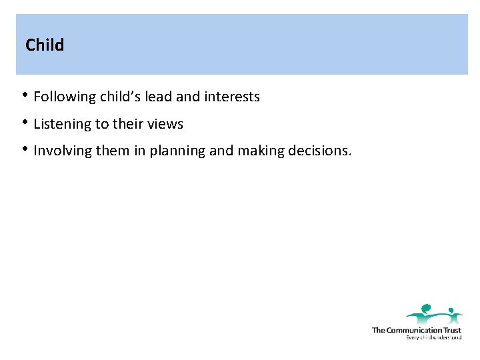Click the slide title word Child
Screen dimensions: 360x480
45,45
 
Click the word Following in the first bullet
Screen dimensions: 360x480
65,97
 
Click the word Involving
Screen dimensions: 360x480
63,151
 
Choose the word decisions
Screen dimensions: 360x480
319,151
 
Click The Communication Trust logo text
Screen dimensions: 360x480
416,330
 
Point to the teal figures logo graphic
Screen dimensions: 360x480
434,314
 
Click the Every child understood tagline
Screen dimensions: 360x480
433,337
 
